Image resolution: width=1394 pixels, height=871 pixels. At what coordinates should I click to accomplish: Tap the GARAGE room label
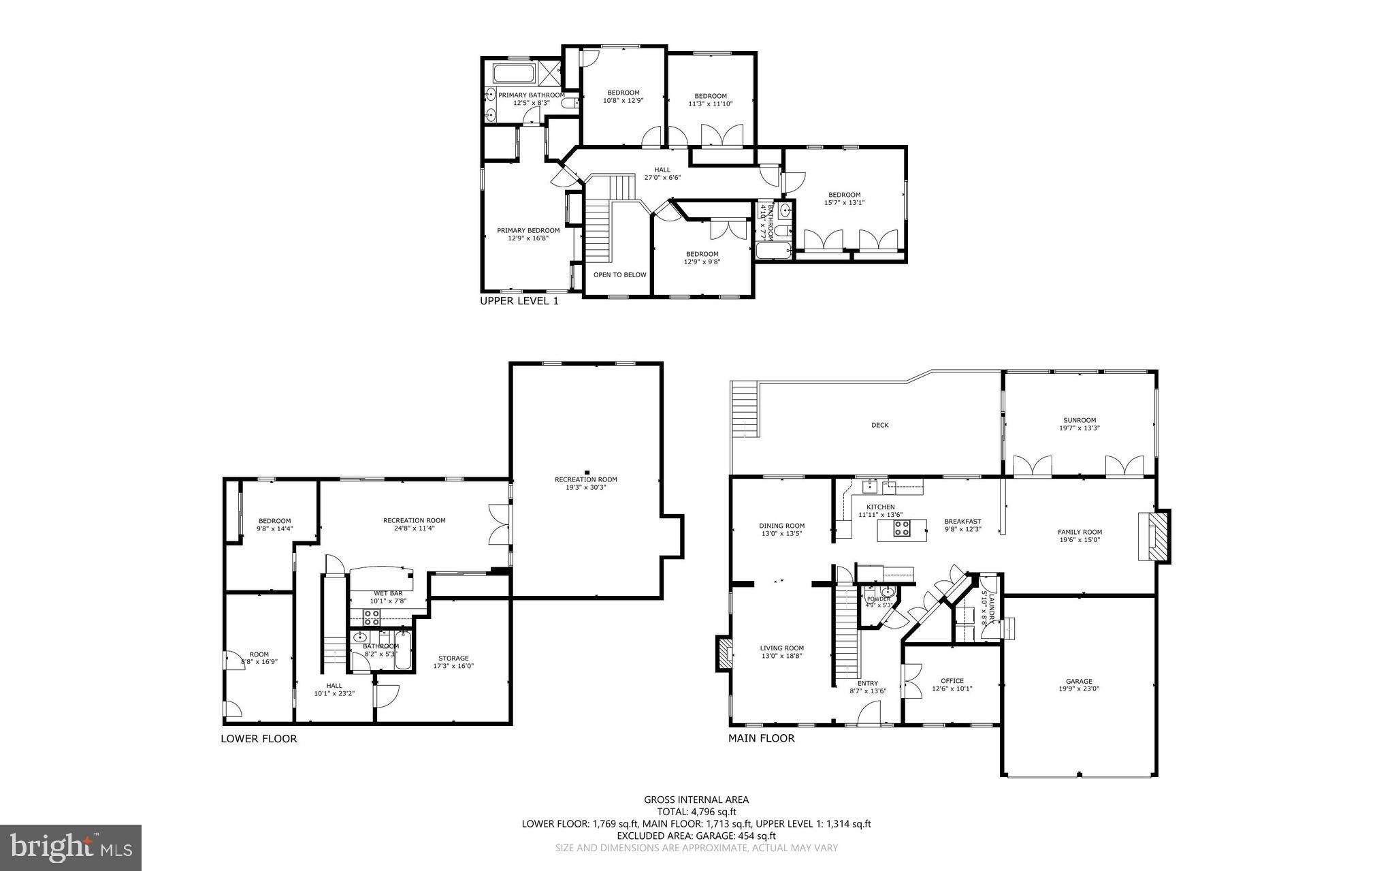point(1079,681)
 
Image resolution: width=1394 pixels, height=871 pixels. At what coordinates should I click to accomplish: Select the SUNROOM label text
point(1080,420)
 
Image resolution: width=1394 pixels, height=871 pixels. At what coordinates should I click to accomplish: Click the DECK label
point(879,425)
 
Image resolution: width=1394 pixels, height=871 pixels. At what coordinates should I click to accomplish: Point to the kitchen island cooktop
point(902,528)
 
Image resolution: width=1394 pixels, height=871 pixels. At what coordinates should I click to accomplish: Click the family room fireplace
point(1155,536)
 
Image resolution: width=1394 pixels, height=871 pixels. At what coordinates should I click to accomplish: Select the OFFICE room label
point(952,680)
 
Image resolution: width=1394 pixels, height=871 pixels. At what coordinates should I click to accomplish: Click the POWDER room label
point(878,599)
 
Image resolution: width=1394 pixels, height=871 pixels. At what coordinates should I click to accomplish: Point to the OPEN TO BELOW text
point(619,275)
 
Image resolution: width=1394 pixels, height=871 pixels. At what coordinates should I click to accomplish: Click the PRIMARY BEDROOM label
point(528,230)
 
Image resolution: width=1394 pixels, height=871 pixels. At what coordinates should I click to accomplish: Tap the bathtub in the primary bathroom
point(515,73)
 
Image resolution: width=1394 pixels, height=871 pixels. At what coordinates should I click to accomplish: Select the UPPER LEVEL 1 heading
point(519,301)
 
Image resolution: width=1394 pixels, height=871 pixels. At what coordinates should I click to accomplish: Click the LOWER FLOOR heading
point(259,738)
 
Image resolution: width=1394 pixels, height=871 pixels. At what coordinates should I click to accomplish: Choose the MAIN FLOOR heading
point(761,738)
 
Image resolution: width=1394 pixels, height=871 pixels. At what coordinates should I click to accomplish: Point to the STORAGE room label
point(453,658)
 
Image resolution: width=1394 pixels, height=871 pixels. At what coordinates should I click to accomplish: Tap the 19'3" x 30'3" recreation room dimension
point(585,487)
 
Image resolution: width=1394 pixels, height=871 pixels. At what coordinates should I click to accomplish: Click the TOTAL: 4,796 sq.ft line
point(696,811)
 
